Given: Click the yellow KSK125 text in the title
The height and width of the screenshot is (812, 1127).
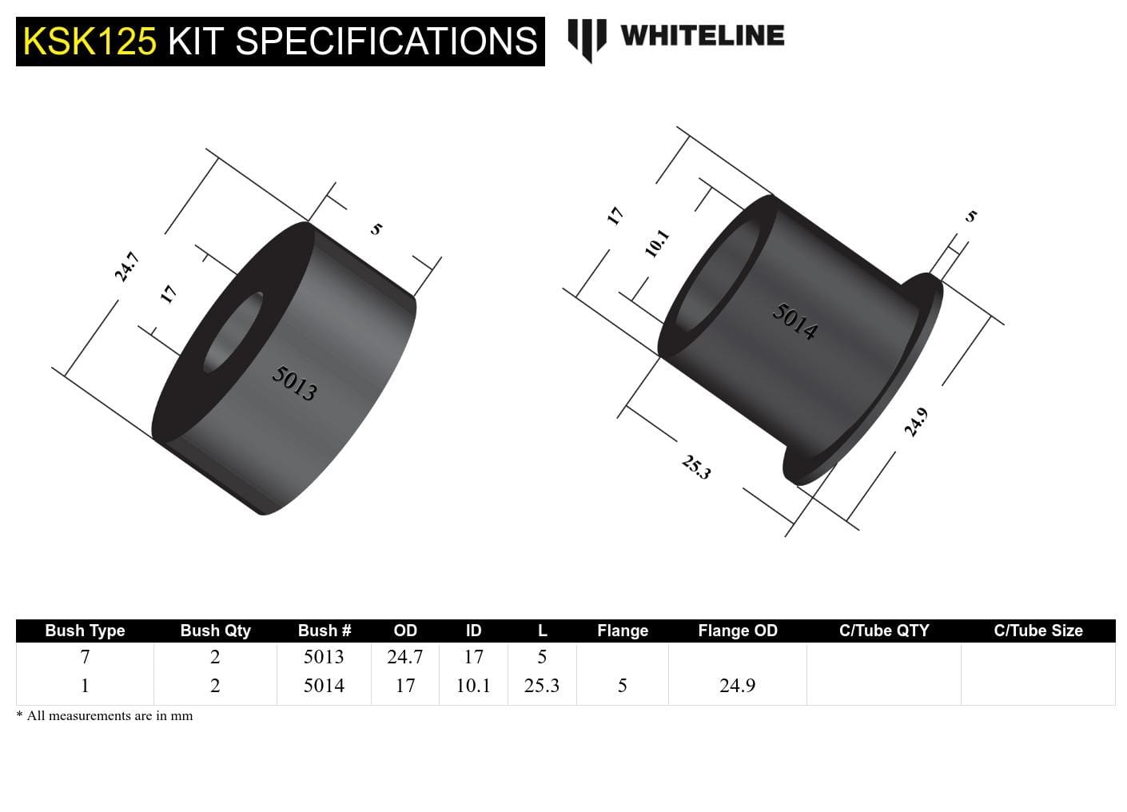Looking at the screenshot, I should [x=90, y=42].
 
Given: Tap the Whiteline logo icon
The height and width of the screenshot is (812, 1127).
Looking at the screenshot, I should [x=587, y=39].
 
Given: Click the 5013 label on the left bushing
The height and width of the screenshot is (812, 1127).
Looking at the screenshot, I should [x=294, y=383].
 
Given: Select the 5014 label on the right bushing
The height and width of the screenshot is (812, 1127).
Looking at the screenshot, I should [x=794, y=321].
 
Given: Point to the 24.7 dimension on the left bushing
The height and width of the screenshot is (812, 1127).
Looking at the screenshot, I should [x=126, y=267].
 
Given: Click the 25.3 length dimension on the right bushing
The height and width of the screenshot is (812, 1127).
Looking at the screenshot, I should [x=695, y=467].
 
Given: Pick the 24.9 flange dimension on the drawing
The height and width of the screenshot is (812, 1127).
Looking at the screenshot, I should [x=916, y=422].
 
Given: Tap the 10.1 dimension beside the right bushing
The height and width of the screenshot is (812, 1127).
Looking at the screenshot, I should [x=656, y=243].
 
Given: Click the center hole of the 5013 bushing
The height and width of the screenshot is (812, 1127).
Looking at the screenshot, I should [x=233, y=332].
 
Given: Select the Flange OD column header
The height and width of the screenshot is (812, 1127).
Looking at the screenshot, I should [x=737, y=631].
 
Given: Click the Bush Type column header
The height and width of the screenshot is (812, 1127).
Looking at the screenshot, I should [x=85, y=631].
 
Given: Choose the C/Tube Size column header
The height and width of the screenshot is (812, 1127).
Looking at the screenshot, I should [x=1037, y=631].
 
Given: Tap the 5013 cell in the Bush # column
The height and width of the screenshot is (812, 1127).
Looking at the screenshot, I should [x=324, y=657].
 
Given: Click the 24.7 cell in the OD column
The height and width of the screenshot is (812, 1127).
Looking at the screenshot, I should [x=404, y=657].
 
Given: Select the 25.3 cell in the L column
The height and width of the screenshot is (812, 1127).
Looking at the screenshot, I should [x=541, y=686].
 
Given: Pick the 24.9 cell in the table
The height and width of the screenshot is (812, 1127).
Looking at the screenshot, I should [x=737, y=686].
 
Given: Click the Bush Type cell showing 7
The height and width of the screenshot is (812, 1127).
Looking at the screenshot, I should [x=85, y=657].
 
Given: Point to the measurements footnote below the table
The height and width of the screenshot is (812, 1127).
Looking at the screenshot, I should [x=105, y=716].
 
